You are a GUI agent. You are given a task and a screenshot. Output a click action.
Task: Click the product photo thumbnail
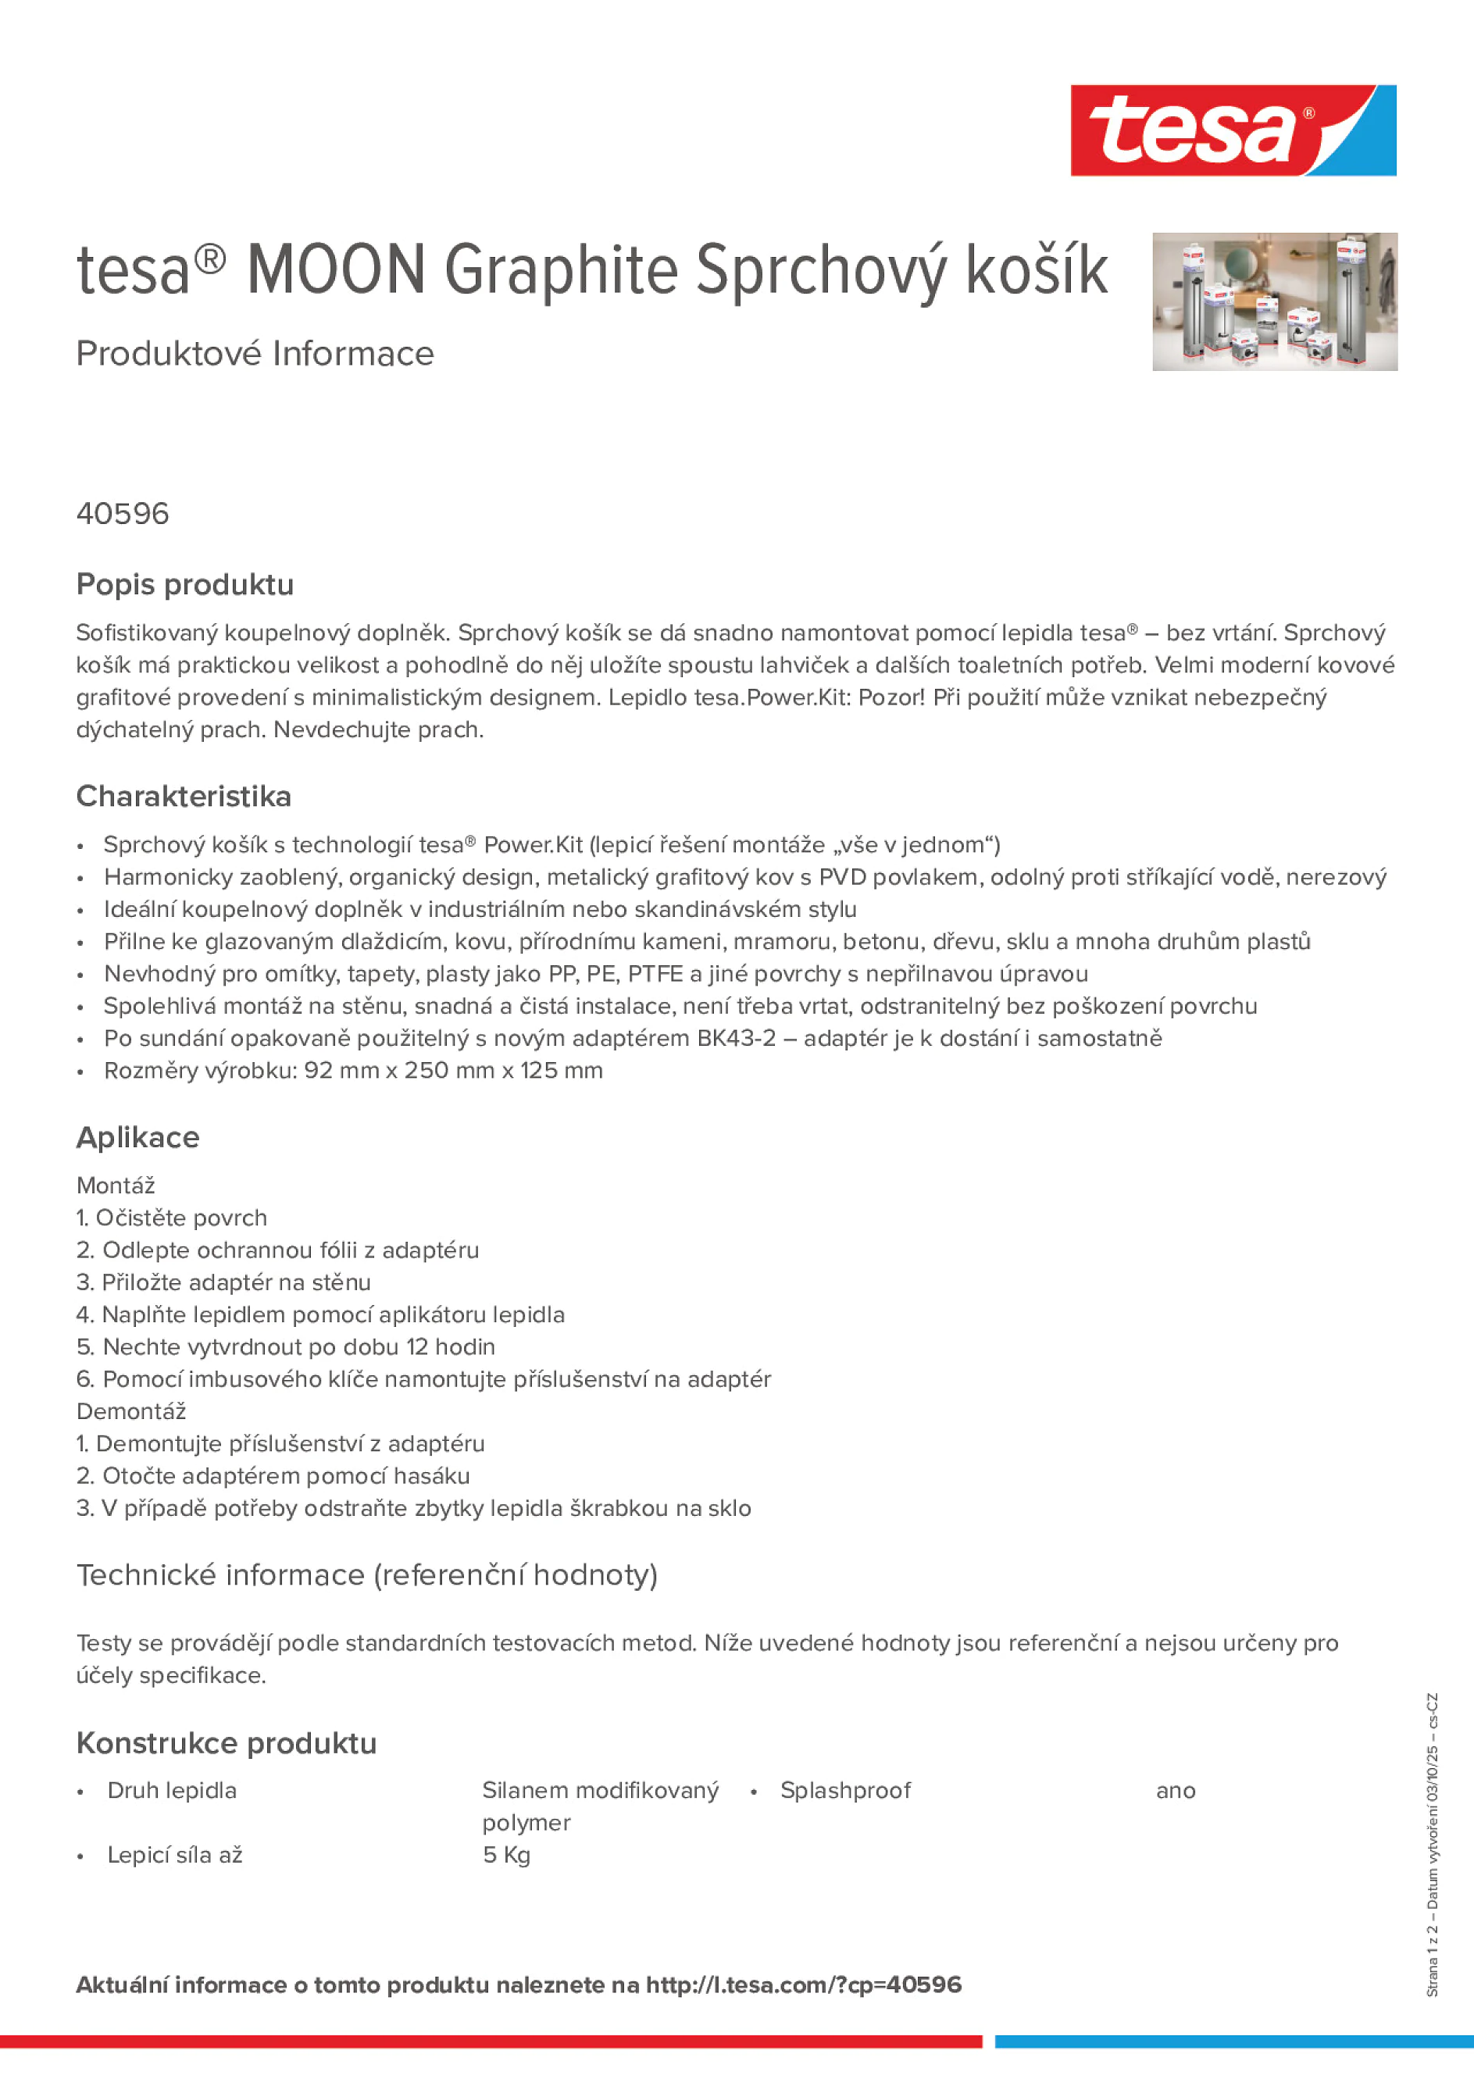tap(1274, 301)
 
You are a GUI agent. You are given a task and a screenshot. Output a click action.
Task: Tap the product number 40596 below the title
tap(123, 514)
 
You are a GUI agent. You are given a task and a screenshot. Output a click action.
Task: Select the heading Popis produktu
tap(184, 585)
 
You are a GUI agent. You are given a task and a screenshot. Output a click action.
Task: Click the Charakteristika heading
tap(184, 797)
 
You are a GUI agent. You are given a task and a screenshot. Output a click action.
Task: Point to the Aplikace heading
tap(137, 1137)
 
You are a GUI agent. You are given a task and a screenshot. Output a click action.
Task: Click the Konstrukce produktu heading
tap(227, 1743)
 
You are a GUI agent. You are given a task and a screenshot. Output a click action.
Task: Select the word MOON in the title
tap(336, 270)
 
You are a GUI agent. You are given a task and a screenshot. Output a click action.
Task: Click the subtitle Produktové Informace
tap(255, 354)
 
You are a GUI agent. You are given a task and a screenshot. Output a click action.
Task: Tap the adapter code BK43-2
tap(736, 1039)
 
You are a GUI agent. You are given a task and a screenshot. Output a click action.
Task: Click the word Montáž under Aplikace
tap(116, 1186)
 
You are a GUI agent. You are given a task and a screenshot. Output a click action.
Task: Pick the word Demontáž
tap(131, 1412)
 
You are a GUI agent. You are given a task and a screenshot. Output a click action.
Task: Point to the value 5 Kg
tap(506, 1856)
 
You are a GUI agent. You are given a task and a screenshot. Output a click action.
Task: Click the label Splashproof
tap(845, 1791)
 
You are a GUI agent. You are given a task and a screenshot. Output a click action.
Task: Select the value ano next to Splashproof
tap(1175, 1791)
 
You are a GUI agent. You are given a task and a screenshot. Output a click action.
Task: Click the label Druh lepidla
tap(172, 1791)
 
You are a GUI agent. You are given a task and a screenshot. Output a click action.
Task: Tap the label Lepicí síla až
tap(174, 1856)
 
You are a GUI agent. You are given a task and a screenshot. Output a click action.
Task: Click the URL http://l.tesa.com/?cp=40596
tap(803, 1985)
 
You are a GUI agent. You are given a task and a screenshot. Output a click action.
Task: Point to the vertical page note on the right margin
tap(1432, 1845)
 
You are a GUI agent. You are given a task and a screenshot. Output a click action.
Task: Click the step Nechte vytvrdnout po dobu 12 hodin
tap(286, 1347)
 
